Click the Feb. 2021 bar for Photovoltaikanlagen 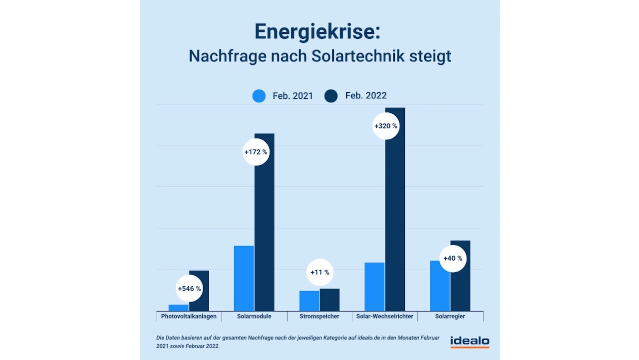coord(179,308)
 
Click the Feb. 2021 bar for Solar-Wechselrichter coord(374,287)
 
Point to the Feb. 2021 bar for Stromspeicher coord(310,301)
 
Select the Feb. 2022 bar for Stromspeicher coord(329,300)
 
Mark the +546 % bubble coord(189,289)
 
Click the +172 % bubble coord(256,152)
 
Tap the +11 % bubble coord(319,273)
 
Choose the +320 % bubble coord(386,126)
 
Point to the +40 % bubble coord(453,259)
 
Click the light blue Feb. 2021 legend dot coord(259,96)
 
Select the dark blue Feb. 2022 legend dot coord(331,96)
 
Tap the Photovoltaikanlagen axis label coord(189,317)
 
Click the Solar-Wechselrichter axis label coord(384,317)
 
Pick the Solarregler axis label coord(450,317)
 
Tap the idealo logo coord(470,342)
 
